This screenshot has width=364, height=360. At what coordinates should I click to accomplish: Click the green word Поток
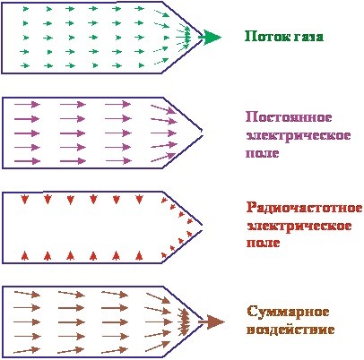264,37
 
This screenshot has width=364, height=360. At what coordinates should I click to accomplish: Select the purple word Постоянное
289,117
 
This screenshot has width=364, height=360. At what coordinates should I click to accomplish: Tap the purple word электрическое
298,135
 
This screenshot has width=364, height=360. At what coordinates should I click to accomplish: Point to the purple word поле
263,153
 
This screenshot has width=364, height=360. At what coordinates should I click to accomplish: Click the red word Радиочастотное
305,208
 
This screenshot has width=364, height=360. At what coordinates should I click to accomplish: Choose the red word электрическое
299,226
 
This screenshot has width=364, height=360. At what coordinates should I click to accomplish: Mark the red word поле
264,243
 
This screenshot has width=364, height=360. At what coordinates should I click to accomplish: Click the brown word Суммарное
288,312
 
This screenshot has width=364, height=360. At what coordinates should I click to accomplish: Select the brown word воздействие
290,330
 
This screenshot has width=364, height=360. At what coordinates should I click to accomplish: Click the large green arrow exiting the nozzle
210,38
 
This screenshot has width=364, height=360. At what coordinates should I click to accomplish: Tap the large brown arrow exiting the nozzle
212,322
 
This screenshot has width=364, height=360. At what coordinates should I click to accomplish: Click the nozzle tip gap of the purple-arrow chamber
202,133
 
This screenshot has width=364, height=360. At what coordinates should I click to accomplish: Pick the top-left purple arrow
27,105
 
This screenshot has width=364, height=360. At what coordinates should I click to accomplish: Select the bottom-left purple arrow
27,161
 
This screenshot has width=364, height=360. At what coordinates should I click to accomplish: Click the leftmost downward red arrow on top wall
24,199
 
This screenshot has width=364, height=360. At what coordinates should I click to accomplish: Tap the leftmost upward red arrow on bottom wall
25,255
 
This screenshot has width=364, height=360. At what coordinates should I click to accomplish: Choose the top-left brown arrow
27,294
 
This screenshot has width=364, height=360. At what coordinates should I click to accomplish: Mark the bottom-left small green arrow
25,65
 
